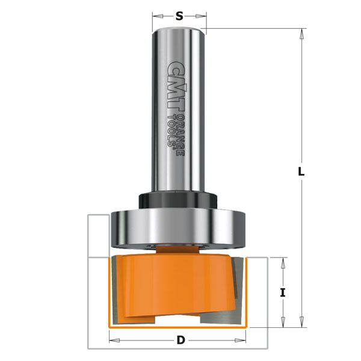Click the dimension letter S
[x=179, y=16]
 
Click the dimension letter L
[x=302, y=171]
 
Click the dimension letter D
[x=180, y=341]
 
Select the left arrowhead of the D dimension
[x=113, y=341]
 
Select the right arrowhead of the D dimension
[x=247, y=341]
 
